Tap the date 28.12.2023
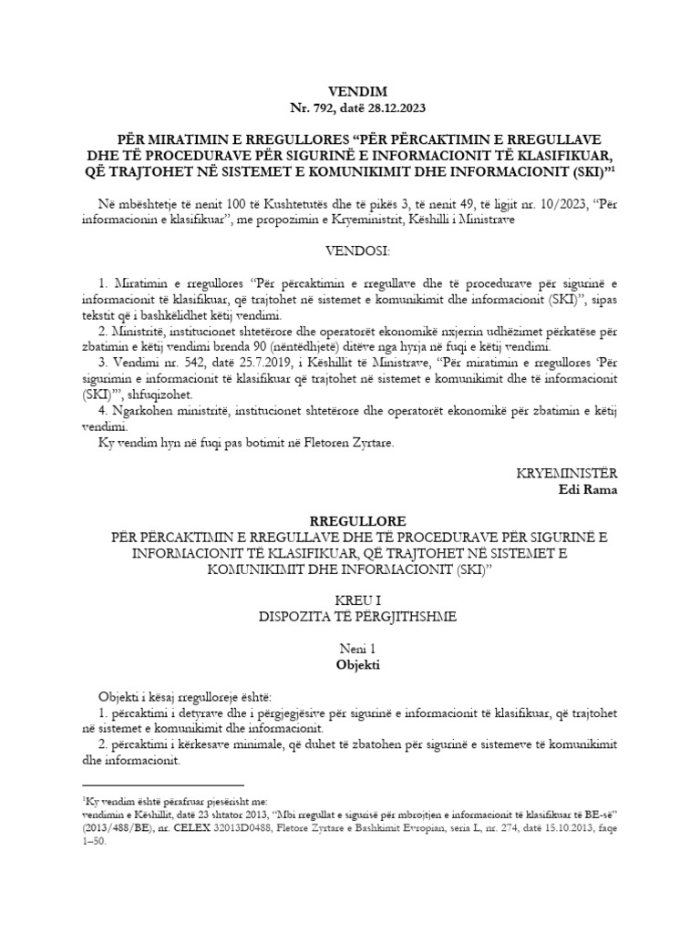click(396, 109)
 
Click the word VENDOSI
click(350, 250)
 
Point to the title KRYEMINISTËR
click(567, 474)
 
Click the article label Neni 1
click(350, 649)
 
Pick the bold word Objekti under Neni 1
click(350, 665)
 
